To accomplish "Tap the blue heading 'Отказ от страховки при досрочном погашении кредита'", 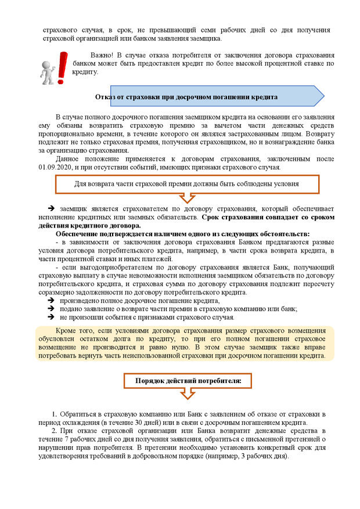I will [186, 96].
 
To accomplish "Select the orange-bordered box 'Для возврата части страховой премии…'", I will [187, 184].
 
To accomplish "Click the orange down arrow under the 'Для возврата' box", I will [188, 198].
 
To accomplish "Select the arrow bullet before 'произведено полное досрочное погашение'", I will [51, 301].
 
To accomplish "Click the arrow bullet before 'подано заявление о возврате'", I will [51, 309].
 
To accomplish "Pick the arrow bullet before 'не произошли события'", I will [51, 317].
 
